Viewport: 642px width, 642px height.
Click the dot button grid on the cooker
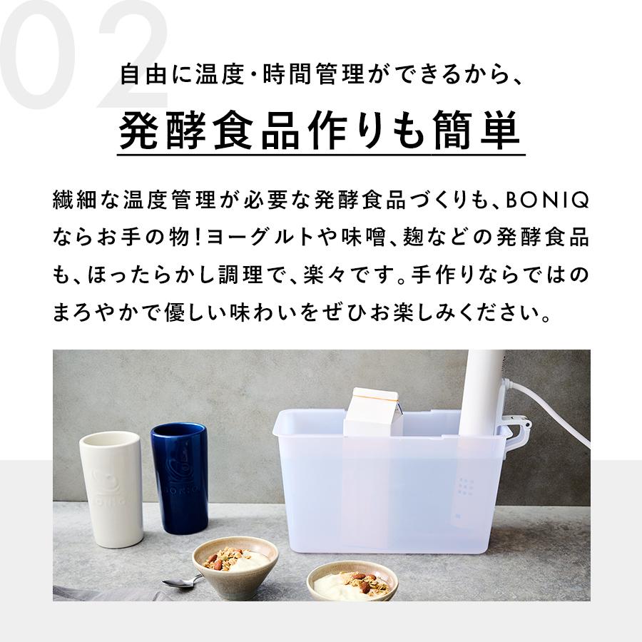467,486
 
